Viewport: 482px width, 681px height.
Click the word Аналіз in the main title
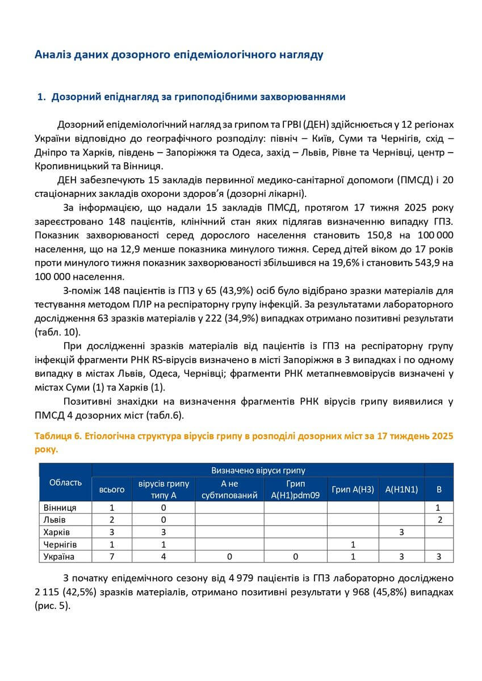coord(53,55)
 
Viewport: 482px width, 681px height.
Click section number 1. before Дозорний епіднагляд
coord(41,97)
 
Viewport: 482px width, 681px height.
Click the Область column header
coord(65,482)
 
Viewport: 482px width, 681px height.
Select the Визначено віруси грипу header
coord(258,470)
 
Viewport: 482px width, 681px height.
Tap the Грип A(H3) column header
coord(353,489)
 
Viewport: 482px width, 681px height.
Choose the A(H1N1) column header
coord(401,489)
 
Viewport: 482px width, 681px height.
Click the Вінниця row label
coord(60,507)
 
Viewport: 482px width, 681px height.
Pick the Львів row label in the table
coord(55,520)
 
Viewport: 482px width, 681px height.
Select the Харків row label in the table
coord(57,532)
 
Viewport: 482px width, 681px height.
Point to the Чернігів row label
coord(60,544)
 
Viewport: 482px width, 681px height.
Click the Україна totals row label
coord(59,557)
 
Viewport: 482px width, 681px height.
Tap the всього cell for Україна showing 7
coord(112,557)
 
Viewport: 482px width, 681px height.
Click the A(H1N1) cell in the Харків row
coord(401,532)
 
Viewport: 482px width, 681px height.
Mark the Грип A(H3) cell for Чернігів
coord(353,544)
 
